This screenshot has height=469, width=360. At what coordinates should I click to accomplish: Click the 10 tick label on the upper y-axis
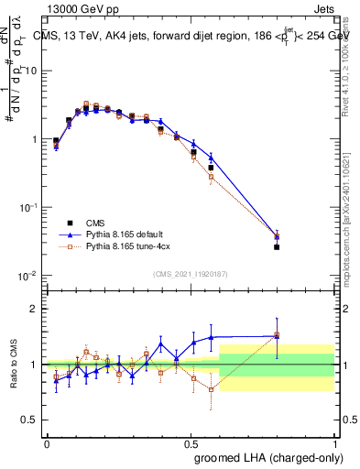pos(32,71)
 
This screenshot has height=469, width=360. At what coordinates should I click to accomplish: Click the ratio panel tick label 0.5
pos(32,420)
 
